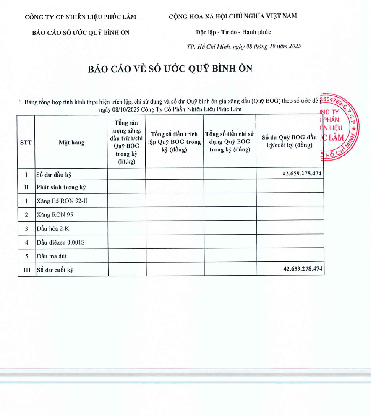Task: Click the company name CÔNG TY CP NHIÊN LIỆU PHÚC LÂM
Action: (x=81, y=17)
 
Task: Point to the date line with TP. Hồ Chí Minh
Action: (x=244, y=47)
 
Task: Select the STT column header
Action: (x=26, y=142)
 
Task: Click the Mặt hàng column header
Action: (x=71, y=142)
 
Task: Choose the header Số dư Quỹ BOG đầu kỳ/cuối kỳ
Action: (x=290, y=141)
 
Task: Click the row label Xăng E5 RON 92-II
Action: (x=62, y=201)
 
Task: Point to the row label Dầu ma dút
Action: (x=52, y=256)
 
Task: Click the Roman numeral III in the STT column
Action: (x=26, y=270)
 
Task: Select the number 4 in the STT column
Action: (x=26, y=242)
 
